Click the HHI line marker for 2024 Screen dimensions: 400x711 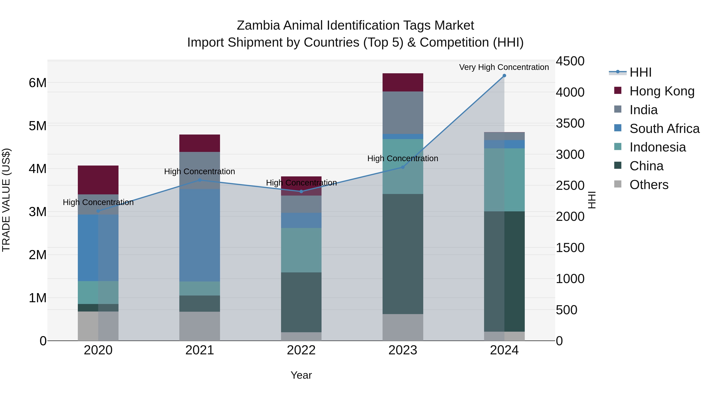pos(504,76)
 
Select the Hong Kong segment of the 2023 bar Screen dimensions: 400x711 pos(403,82)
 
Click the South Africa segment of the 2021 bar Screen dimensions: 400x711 pos(199,235)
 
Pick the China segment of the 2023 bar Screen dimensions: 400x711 pos(403,254)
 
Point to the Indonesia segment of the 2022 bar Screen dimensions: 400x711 pos(301,250)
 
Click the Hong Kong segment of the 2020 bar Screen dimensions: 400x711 pos(98,180)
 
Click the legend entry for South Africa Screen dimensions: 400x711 pos(664,129)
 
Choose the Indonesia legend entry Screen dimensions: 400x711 pos(657,147)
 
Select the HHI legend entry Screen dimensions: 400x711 pos(640,72)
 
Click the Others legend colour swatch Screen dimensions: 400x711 pos(618,184)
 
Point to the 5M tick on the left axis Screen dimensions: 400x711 pos(38,126)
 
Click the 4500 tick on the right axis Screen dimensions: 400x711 pos(570,61)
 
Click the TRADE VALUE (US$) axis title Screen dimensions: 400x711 pos(6,200)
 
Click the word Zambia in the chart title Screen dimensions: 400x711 pos(258,26)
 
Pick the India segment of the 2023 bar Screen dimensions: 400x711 pos(403,113)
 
